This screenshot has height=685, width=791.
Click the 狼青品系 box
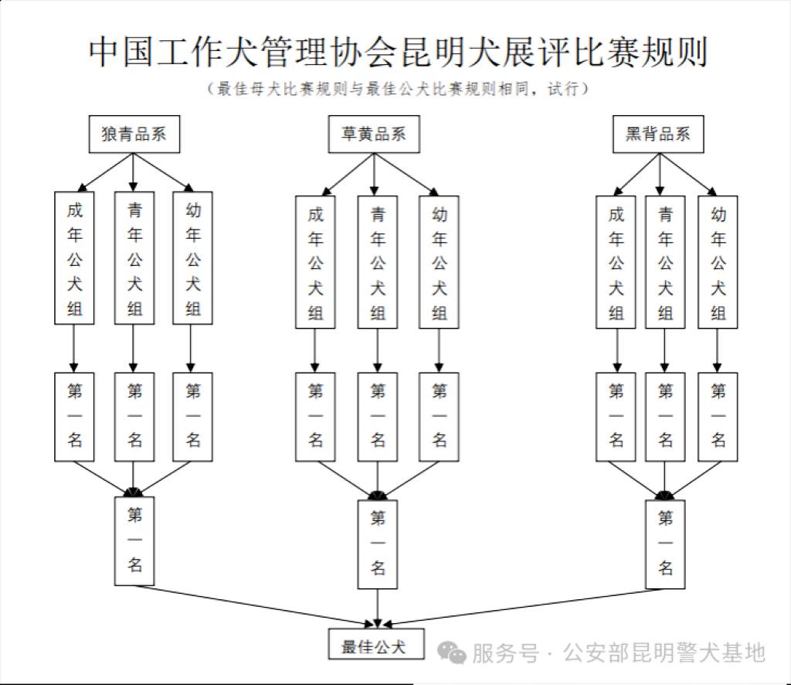(x=134, y=135)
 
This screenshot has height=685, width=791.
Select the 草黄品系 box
(x=373, y=135)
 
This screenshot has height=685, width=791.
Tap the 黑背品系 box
(x=658, y=135)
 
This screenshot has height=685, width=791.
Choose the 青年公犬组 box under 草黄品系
(x=378, y=262)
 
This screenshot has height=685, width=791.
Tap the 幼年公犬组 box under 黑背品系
(x=718, y=262)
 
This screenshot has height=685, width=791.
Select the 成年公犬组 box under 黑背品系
(x=616, y=262)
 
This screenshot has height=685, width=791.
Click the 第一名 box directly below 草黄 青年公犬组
(x=378, y=416)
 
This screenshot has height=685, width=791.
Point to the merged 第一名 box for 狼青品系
(x=134, y=540)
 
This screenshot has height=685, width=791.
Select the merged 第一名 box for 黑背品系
(x=665, y=543)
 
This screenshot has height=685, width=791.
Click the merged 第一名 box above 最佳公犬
(x=378, y=543)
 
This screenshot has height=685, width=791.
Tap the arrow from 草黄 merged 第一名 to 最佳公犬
(x=378, y=607)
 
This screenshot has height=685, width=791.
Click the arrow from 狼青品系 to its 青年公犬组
(x=134, y=171)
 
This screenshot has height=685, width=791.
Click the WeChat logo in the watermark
(x=451, y=653)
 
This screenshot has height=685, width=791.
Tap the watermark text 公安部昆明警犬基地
(x=664, y=653)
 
